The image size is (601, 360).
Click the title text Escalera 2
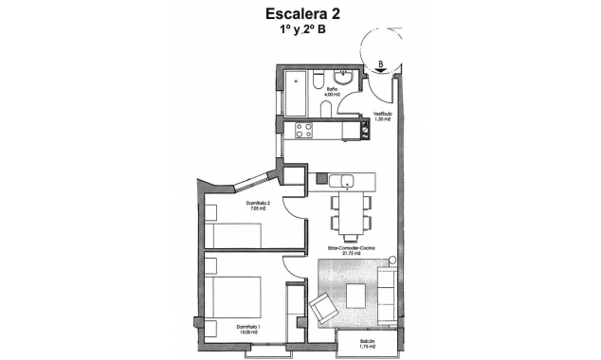pos(299,14)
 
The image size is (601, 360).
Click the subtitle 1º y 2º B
pos(300,31)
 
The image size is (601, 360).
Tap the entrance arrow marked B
pos(380,67)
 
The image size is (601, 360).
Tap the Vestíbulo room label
pos(382,117)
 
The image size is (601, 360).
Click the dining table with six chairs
pos(348,216)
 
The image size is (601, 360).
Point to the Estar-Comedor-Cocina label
pos(351,251)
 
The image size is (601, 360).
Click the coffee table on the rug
pos(355,295)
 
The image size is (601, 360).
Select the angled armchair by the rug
pos(323,306)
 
